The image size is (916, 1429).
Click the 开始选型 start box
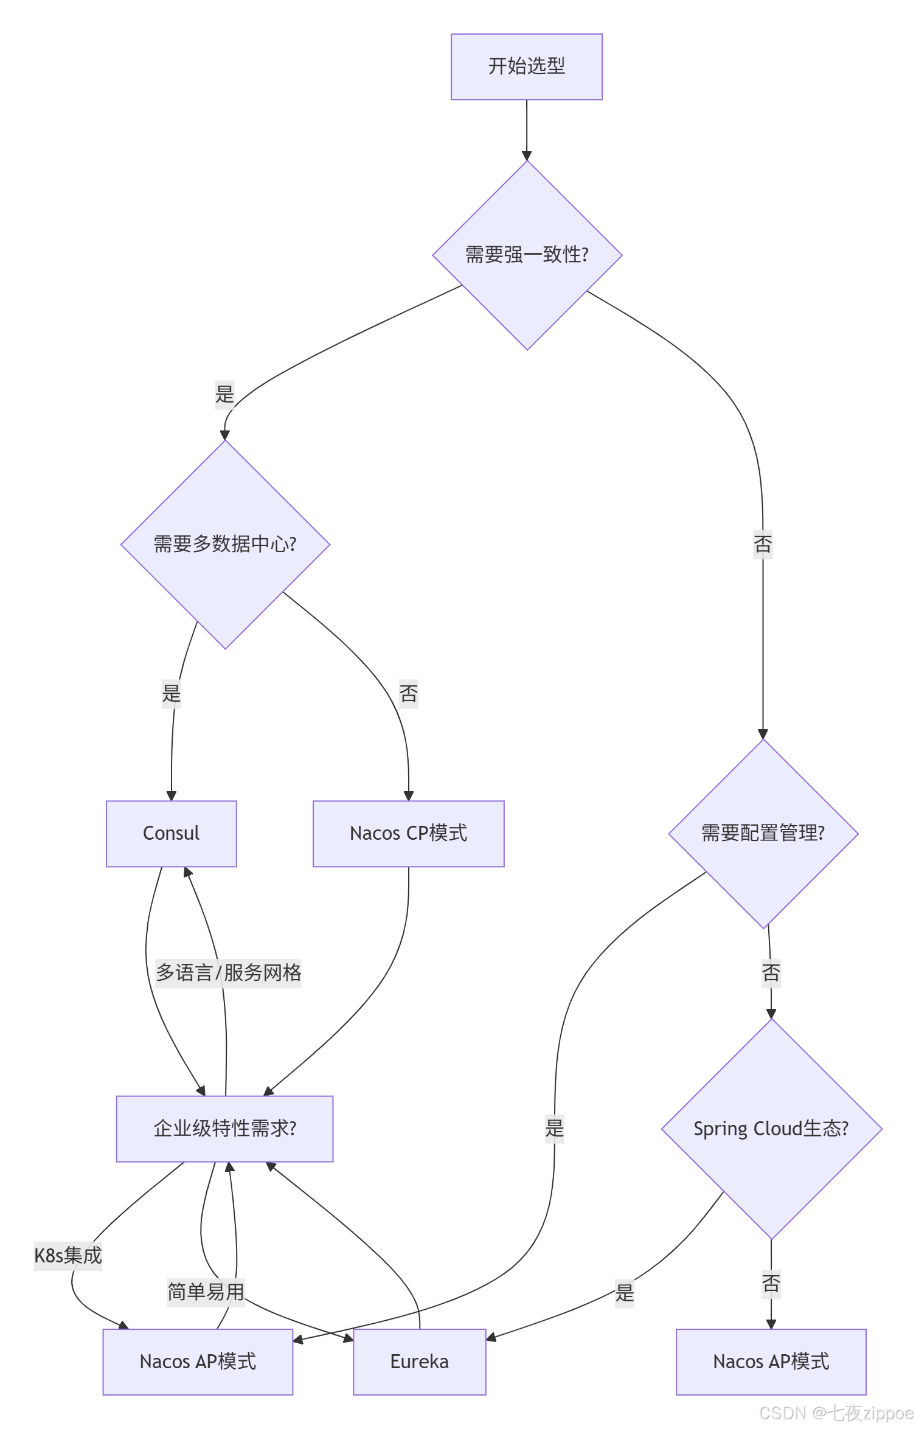click(x=526, y=67)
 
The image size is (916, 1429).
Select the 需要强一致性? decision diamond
click(x=527, y=255)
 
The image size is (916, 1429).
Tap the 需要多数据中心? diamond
click(x=225, y=544)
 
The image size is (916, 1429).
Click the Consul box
click(x=171, y=833)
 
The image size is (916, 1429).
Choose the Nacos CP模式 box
click(x=408, y=833)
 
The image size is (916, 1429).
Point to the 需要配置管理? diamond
click(x=763, y=833)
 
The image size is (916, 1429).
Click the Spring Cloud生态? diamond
click(x=771, y=1129)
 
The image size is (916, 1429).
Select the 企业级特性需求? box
click(x=224, y=1129)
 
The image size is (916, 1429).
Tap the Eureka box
click(x=419, y=1362)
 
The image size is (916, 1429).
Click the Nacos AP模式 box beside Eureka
click(x=198, y=1362)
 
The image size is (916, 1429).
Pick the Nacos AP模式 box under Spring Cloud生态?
click(x=771, y=1362)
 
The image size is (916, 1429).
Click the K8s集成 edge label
click(x=68, y=1256)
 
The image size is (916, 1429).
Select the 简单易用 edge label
click(x=206, y=1292)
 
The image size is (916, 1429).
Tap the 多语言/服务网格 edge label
click(x=228, y=972)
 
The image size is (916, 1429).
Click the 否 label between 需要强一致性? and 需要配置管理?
click(x=763, y=544)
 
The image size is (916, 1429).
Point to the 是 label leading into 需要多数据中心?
click(x=224, y=394)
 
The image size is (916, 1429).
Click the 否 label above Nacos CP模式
click(x=408, y=693)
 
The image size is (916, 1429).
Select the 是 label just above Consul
click(x=172, y=693)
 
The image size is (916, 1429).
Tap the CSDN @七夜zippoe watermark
click(x=836, y=1413)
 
